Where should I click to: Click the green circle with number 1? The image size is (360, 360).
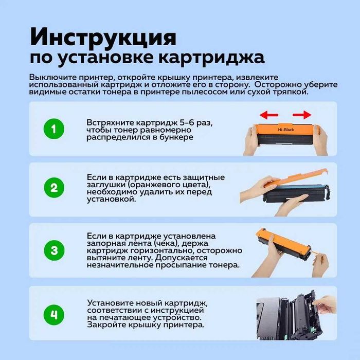(53, 129)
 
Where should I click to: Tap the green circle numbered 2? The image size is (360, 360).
(54, 188)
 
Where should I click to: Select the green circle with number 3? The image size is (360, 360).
(54, 250)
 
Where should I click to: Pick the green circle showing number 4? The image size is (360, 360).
(53, 315)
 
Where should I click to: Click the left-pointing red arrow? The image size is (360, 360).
(269, 115)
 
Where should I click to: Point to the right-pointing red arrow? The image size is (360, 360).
(302, 115)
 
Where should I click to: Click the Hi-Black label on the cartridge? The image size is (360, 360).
(286, 130)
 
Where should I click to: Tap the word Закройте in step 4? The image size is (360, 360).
(107, 325)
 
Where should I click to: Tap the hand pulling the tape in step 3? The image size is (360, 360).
(320, 264)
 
